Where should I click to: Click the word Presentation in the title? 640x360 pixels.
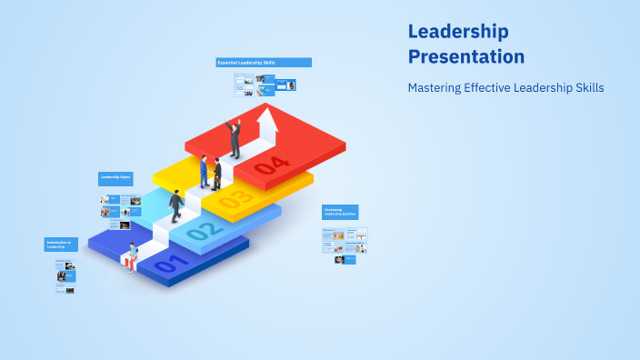tap(466, 56)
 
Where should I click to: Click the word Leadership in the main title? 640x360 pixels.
tap(458, 31)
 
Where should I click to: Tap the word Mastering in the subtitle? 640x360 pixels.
tap(435, 88)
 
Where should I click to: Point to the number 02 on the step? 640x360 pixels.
tap(205, 230)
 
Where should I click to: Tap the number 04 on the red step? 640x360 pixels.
tap(272, 165)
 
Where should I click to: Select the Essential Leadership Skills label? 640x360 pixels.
tap(264, 63)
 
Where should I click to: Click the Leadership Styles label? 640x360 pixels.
tap(115, 176)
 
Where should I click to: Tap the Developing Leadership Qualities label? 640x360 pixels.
tap(340, 211)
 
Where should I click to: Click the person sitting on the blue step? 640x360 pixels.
tap(132, 256)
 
